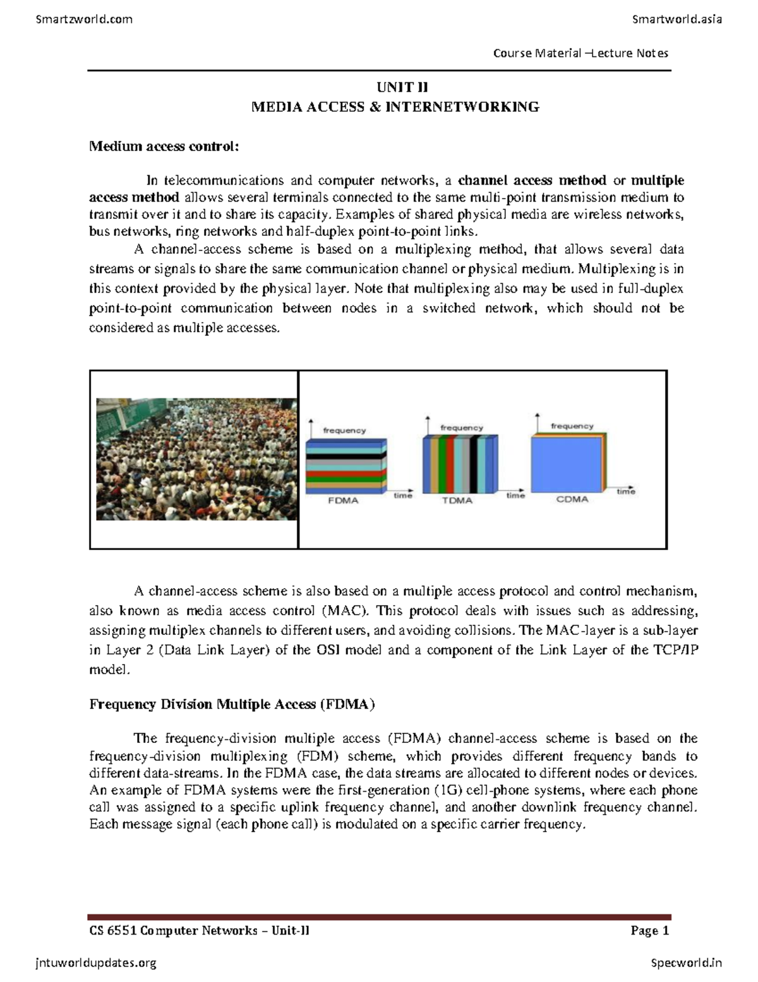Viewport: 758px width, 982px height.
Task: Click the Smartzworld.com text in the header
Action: pos(84,19)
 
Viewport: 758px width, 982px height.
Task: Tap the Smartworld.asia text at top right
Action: pos(677,19)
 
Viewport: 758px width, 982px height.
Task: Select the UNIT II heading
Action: pos(395,87)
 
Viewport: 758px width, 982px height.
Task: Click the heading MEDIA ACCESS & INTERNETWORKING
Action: pos(395,107)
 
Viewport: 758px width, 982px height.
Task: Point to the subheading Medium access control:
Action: pos(164,147)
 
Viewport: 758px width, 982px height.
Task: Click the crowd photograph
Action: pos(196,459)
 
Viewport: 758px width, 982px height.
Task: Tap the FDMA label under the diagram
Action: pos(343,501)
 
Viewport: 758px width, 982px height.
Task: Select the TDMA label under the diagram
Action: pos(457,501)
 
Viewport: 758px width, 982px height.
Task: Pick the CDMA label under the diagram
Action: pos(572,500)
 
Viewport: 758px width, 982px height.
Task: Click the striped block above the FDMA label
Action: pos(346,466)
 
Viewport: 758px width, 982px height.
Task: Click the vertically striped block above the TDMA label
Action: pos(459,463)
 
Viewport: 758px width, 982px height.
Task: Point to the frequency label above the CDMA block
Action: pos(572,426)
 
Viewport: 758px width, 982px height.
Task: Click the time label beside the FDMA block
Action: pos(402,496)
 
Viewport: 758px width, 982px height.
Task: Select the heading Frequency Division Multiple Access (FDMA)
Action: pos(232,704)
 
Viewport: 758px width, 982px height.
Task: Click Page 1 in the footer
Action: pos(649,930)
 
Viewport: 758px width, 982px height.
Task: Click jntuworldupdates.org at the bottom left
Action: pos(95,963)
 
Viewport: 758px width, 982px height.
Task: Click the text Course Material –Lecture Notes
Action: pos(581,53)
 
